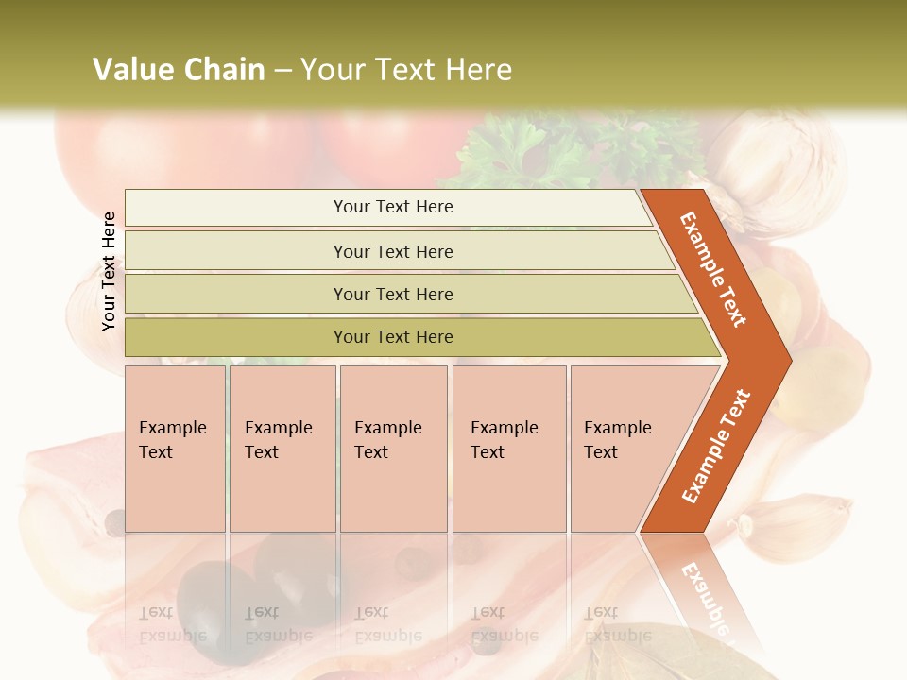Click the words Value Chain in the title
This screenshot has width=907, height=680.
179,70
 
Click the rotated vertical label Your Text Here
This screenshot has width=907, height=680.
109,271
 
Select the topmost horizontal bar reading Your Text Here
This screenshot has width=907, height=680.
392,207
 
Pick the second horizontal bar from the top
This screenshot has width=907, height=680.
392,251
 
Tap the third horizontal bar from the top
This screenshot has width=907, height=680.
392,294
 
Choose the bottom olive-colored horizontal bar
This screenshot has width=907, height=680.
392,337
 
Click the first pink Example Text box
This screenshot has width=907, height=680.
175,448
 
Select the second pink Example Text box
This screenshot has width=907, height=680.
282,448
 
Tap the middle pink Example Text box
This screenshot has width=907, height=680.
393,448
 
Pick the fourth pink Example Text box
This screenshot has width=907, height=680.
509,448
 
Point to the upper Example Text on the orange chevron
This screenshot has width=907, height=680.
713,270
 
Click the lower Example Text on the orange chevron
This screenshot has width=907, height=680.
715,446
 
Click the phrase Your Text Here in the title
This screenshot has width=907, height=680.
406,70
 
